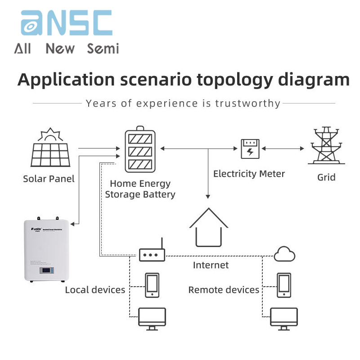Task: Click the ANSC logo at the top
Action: pos(67,23)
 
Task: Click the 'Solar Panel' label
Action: pos(49,179)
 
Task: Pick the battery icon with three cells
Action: pos(140,150)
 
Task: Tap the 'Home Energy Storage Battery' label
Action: pos(140,189)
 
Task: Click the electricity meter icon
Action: pos(250,148)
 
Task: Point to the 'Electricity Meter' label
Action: pos(249,174)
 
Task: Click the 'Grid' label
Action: pos(326,177)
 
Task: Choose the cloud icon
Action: pos(284,254)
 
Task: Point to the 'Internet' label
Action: pos(211,265)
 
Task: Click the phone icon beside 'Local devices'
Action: pos(152,285)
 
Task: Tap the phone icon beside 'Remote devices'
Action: pos(284,285)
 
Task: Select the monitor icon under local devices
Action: pos(152,319)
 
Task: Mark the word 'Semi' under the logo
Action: pos(103,49)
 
